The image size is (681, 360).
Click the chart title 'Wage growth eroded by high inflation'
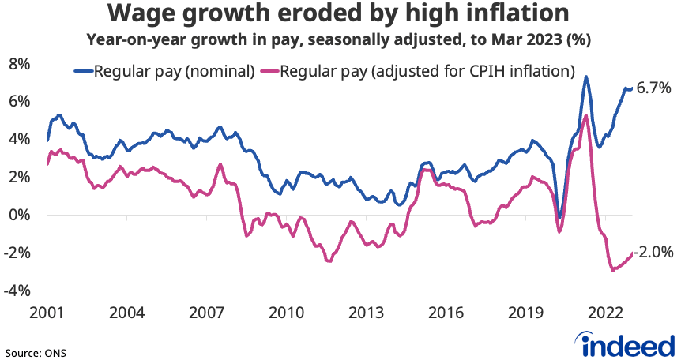pos(340,14)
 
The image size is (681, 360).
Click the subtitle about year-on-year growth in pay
pos(340,39)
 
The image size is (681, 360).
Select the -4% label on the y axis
pos(17,291)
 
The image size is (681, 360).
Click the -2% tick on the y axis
pos(17,253)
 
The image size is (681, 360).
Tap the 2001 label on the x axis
pos(47,312)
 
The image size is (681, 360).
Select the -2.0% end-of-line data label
pos(653,253)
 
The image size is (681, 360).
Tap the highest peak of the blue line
pos(585,77)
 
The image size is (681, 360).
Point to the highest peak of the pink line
pos(585,115)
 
